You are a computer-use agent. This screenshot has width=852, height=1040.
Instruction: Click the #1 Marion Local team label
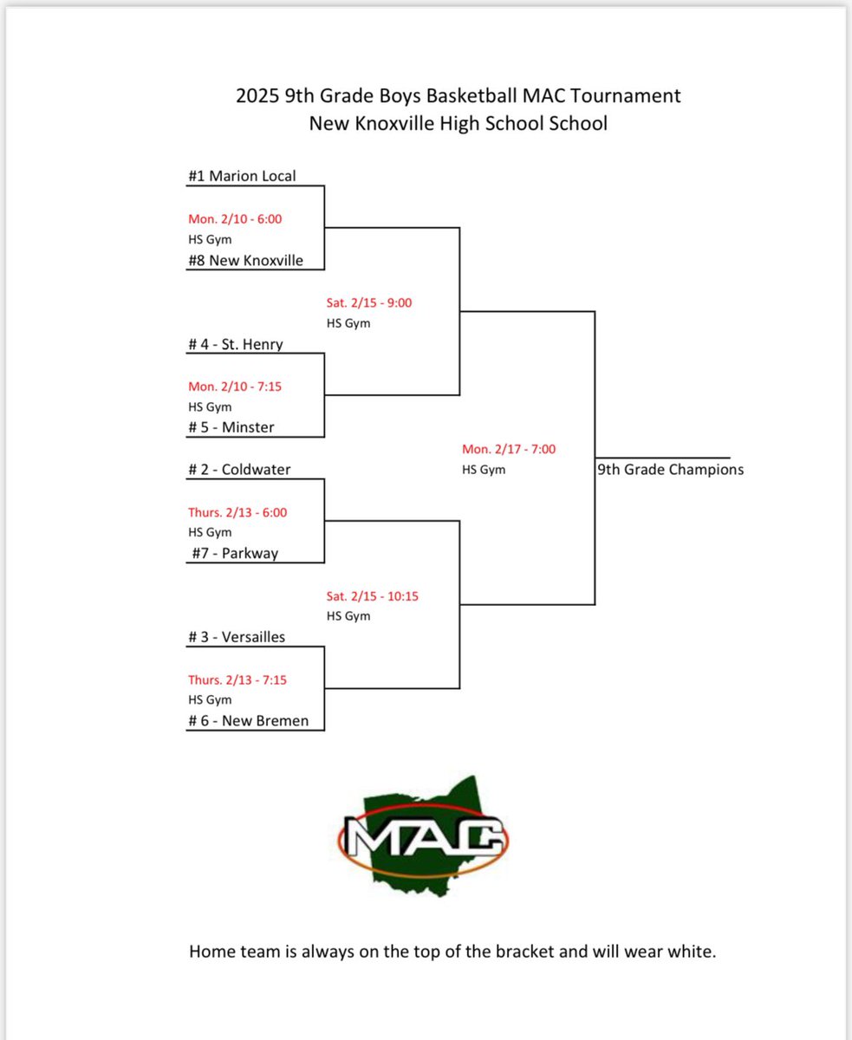click(x=242, y=176)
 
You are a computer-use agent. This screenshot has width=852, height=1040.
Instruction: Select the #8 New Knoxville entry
click(x=245, y=260)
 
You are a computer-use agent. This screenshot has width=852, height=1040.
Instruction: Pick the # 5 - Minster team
click(x=231, y=427)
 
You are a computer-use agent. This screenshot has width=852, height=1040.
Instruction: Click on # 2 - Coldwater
click(x=239, y=469)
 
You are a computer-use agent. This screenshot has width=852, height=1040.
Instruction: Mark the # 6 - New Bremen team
click(x=248, y=720)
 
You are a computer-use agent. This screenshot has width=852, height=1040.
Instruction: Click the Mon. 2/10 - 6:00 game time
click(x=235, y=219)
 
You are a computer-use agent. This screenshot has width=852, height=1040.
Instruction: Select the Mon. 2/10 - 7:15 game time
click(x=235, y=387)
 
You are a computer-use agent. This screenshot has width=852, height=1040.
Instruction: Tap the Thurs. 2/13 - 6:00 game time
click(x=237, y=512)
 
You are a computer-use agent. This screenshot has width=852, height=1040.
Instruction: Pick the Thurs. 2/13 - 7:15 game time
click(x=237, y=680)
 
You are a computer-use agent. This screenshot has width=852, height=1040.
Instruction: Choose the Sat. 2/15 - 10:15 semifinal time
click(x=373, y=597)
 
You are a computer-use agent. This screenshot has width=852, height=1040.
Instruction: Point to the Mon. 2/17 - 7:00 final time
click(x=509, y=450)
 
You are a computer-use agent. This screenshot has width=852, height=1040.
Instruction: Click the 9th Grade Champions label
click(x=670, y=470)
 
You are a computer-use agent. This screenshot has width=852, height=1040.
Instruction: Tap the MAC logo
click(x=422, y=836)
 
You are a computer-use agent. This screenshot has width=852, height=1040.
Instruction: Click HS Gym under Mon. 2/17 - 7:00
click(x=484, y=470)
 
